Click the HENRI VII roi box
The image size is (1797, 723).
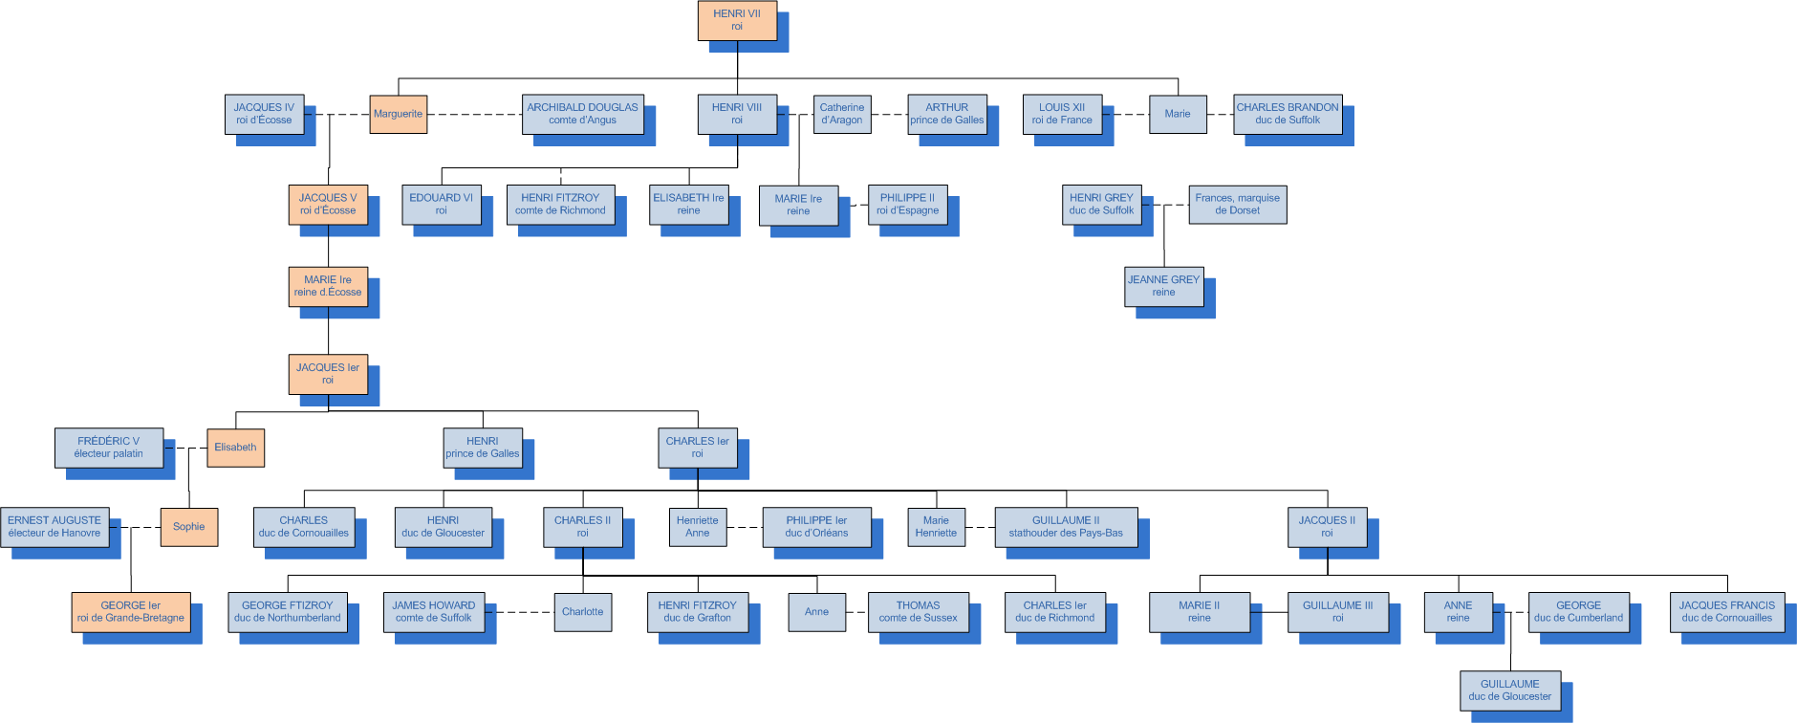[x=736, y=20]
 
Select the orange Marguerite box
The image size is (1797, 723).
[x=398, y=114]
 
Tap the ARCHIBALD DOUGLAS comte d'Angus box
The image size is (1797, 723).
[x=582, y=114]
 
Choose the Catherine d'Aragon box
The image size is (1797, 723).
[x=841, y=114]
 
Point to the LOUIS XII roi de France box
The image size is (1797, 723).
[x=1062, y=114]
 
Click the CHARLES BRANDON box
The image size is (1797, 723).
[x=1287, y=114]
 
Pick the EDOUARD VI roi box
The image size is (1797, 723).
[x=441, y=204]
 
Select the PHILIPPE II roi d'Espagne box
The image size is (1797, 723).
[x=907, y=204]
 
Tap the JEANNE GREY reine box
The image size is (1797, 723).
[x=1163, y=286]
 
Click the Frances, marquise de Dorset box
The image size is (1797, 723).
[x=1237, y=204]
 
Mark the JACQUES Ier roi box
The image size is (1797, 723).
[x=328, y=374]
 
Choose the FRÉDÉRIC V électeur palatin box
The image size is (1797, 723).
[x=108, y=448]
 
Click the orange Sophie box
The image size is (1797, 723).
[x=188, y=527]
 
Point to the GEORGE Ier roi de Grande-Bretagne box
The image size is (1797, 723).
[x=130, y=612]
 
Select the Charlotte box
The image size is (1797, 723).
[x=582, y=612]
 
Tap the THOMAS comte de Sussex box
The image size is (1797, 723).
[x=918, y=612]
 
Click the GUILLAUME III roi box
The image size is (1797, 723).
[x=1337, y=612]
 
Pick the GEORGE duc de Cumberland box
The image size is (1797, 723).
[x=1578, y=612]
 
